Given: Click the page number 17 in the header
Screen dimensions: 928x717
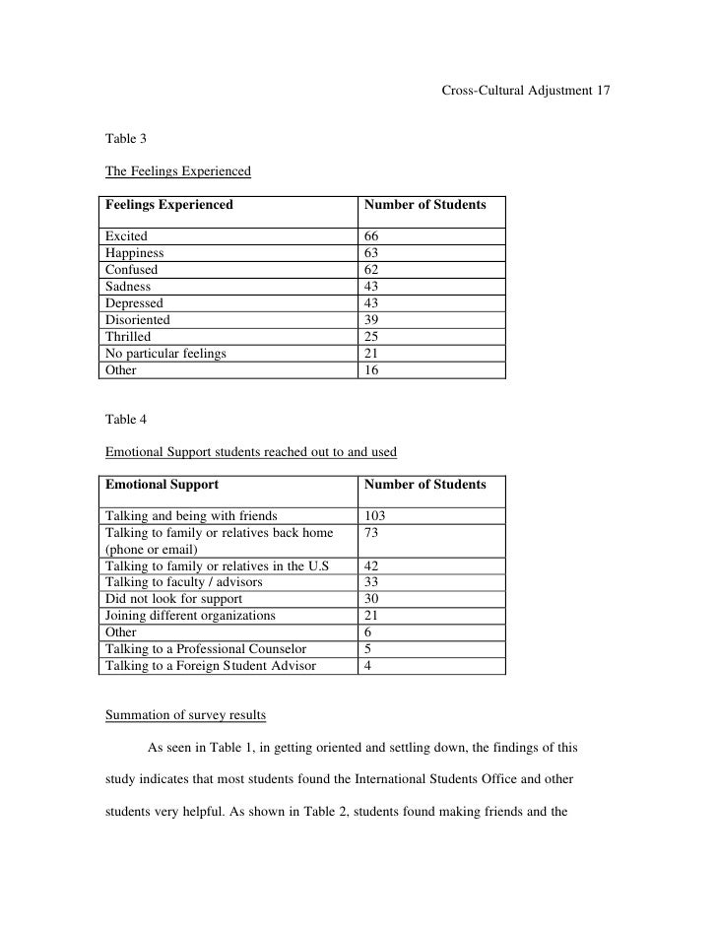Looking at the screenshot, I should (x=604, y=92).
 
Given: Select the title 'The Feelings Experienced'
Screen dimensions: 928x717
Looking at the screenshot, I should (x=178, y=172).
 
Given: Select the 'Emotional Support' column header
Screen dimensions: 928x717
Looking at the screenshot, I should (x=163, y=485).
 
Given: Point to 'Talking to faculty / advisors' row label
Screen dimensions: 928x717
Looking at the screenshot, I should (x=184, y=582).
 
